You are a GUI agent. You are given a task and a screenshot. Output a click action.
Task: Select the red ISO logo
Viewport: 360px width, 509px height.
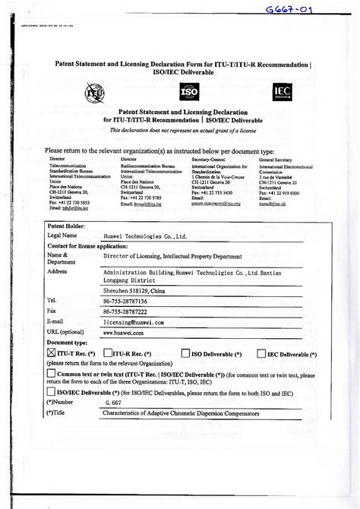click(190, 93)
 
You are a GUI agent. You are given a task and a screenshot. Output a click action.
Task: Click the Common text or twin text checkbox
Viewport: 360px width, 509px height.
click(51, 374)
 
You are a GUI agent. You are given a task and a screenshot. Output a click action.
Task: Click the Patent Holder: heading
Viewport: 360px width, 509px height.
click(65, 226)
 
